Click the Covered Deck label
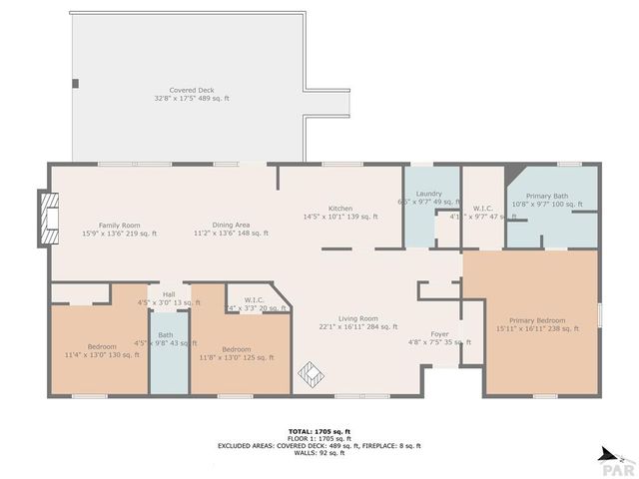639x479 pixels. [193, 95]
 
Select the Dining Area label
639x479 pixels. [231, 229]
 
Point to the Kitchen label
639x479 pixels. [340, 212]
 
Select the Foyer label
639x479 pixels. [439, 337]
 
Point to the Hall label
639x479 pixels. [169, 297]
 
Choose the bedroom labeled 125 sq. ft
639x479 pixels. [236, 352]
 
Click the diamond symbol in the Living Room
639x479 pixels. [310, 375]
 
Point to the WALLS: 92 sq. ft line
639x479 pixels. [319, 454]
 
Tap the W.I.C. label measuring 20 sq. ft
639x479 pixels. [253, 303]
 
